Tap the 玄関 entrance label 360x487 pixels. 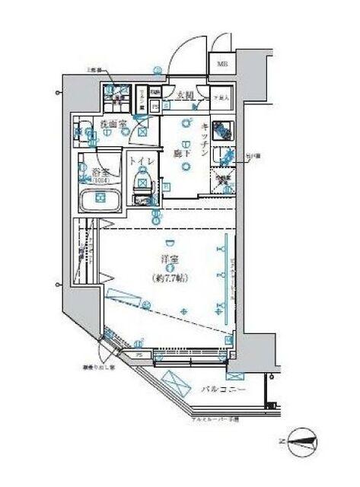tap(185, 96)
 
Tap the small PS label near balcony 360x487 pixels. tap(139, 354)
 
